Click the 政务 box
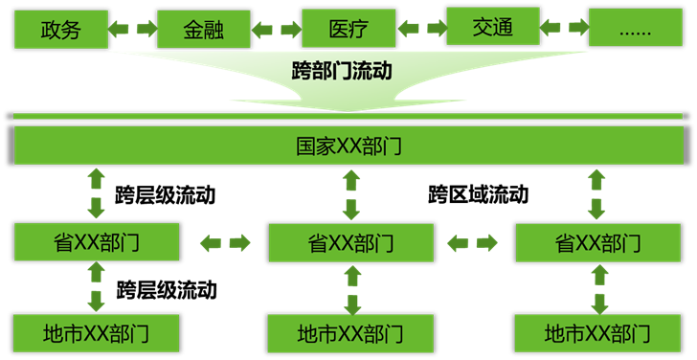click(x=60, y=30)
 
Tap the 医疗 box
click(x=348, y=29)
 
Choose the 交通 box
click(x=492, y=28)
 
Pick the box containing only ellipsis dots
click(x=636, y=30)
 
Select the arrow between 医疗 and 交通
click(x=421, y=30)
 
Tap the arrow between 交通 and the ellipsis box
click(x=564, y=30)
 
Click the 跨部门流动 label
click(x=342, y=70)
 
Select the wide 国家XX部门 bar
click(x=348, y=146)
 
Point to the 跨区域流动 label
click(x=478, y=195)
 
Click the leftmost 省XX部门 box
click(x=96, y=241)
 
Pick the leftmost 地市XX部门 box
click(x=96, y=333)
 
